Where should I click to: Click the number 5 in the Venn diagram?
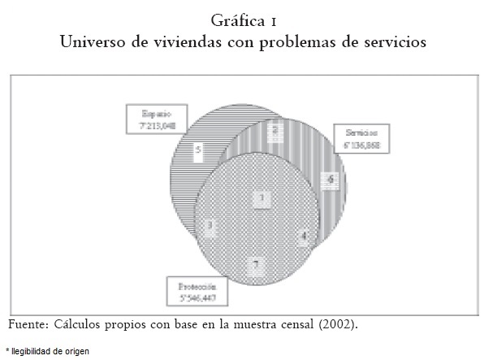(x=198, y=150)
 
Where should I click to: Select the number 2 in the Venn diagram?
(x=275, y=129)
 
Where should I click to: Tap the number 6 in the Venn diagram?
(x=331, y=179)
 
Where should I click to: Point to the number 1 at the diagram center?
(x=262, y=197)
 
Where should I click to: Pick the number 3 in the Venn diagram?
(x=210, y=225)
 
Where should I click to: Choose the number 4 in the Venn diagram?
(x=304, y=238)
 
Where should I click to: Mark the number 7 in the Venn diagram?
(x=255, y=265)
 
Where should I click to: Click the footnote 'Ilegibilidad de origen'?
(x=50, y=351)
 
